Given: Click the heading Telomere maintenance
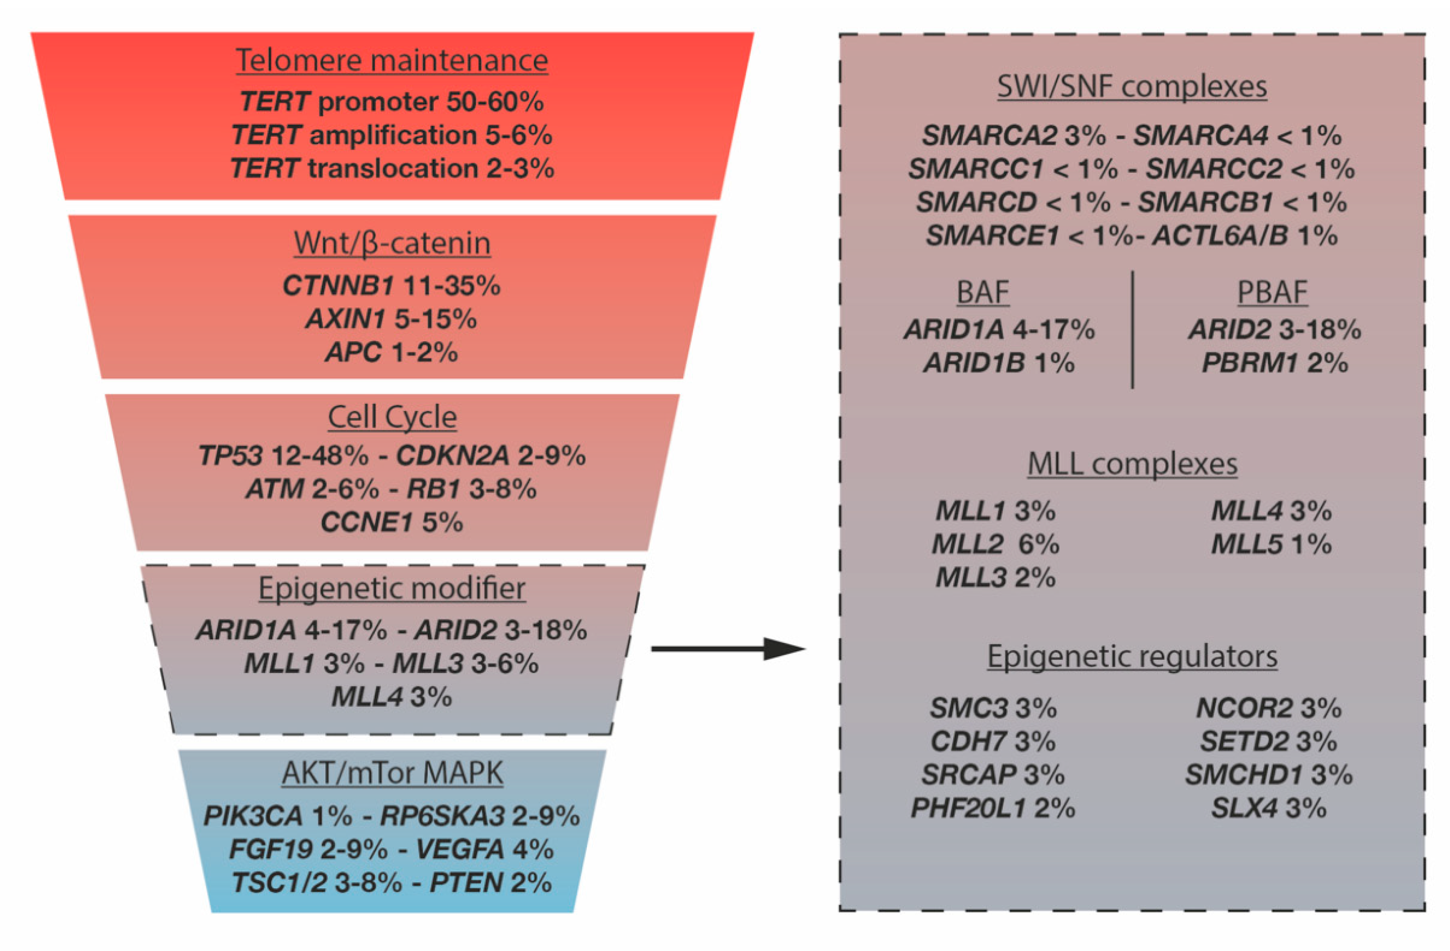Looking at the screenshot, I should point(392,60).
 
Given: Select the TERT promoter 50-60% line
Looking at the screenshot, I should point(392,101).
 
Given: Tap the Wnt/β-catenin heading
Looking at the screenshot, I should point(392,243).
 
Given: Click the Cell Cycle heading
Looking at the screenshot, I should point(392,417).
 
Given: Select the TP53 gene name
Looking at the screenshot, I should point(231,456).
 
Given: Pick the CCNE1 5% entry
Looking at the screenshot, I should point(392,522).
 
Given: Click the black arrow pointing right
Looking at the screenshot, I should point(728,649).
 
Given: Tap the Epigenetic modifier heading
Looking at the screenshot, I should point(392,589).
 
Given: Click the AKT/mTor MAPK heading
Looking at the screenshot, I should point(392,773).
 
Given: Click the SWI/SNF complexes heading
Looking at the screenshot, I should point(1132,87).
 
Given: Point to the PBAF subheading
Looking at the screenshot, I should point(1272,293).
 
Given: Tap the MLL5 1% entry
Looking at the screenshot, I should point(1271,544).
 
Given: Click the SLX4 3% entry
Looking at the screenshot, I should point(1269,808).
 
